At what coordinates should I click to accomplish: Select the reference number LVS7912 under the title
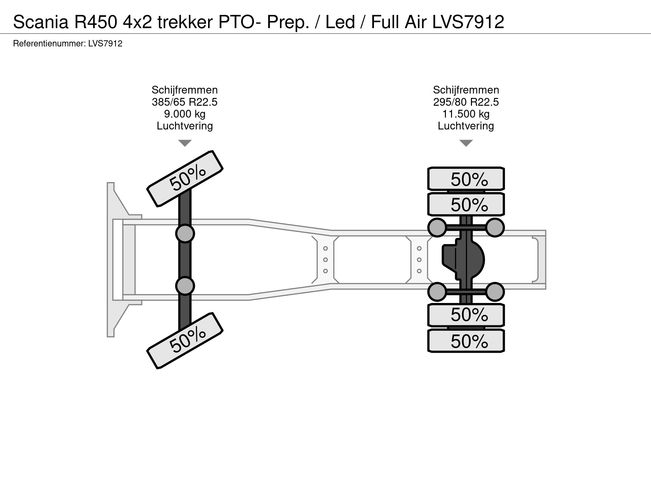[x=105, y=44]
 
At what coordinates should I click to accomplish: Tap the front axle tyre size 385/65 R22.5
[x=184, y=102]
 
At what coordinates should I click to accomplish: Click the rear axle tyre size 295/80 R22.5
[x=466, y=102]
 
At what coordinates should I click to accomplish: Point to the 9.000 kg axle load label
[x=184, y=114]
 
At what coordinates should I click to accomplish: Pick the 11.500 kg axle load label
[x=466, y=114]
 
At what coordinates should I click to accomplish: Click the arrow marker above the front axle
[x=185, y=143]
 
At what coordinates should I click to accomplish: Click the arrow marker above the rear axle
[x=466, y=143]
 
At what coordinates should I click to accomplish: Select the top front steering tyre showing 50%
[x=185, y=178]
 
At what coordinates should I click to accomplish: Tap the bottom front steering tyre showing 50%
[x=185, y=340]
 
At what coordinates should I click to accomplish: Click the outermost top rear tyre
[x=466, y=179]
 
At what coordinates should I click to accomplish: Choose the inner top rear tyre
[x=466, y=204]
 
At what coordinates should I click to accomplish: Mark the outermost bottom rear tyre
[x=466, y=341]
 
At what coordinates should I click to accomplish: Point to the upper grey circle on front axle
[x=185, y=233]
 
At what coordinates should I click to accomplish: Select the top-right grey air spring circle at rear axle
[x=495, y=227]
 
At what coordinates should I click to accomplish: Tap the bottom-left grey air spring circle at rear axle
[x=437, y=292]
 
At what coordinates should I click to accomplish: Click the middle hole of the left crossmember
[x=325, y=260]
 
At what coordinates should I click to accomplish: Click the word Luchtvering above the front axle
[x=184, y=126]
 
